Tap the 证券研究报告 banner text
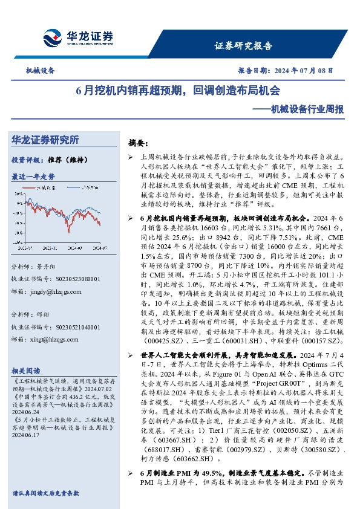pyautogui.click(x=243, y=46)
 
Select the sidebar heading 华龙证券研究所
pyautogui.click(x=45, y=140)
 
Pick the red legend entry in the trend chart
pyautogui.click(x=44, y=188)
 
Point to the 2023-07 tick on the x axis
pyautogui.click(x=26, y=248)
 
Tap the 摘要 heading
pyautogui.click(x=138, y=143)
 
